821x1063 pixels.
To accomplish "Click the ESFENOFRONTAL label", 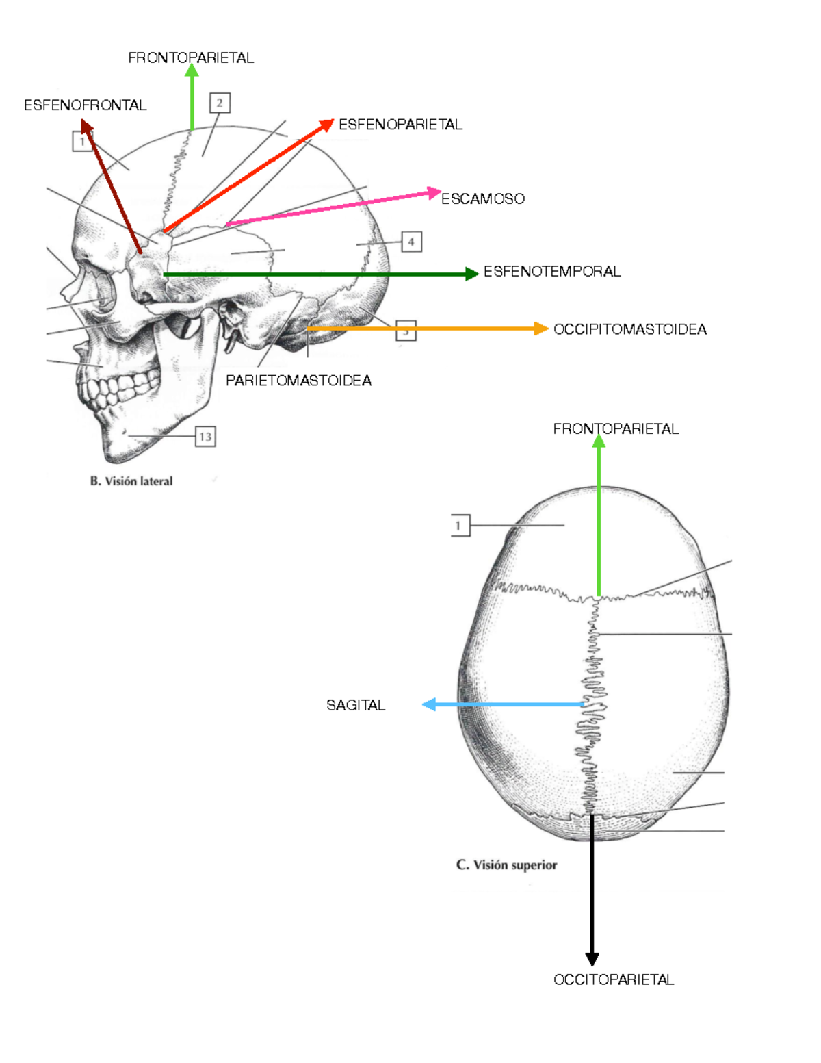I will (x=85, y=105).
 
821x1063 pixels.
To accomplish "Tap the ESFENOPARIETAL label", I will (x=400, y=125).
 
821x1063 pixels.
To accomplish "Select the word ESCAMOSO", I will (x=482, y=199).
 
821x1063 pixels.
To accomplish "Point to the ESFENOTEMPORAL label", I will (x=552, y=272).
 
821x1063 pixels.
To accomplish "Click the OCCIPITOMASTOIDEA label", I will (x=629, y=330).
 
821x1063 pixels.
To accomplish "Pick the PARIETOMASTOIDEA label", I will (x=298, y=381).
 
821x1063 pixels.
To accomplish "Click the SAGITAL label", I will (x=355, y=705).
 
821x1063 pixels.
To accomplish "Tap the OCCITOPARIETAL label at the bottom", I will (x=613, y=979).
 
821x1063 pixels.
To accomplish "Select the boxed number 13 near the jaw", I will (x=205, y=437).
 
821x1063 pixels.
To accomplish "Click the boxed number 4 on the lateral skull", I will (x=411, y=242).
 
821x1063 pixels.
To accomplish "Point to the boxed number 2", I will (x=220, y=103).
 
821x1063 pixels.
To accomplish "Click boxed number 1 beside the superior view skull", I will (x=458, y=526).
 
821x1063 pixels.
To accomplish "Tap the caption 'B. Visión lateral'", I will (x=131, y=481).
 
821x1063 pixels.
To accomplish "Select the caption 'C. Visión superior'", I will (x=506, y=865).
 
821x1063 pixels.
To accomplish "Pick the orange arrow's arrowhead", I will (x=541, y=329).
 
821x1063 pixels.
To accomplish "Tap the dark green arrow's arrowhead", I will (x=471, y=274).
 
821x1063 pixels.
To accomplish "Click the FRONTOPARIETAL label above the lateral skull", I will (x=191, y=58).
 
